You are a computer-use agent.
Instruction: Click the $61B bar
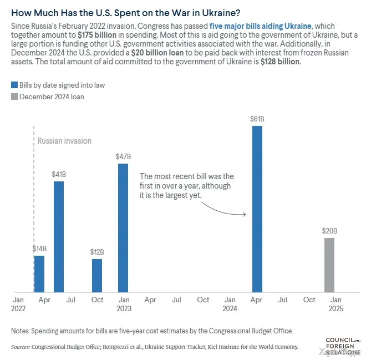click(257, 209)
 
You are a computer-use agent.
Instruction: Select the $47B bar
click(123, 227)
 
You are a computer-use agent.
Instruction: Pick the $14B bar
click(39, 273)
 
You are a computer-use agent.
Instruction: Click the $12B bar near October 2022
click(97, 275)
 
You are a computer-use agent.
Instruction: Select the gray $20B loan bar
click(329, 265)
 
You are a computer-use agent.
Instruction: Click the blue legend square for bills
click(14, 85)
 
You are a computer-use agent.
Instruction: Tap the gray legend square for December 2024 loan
click(14, 97)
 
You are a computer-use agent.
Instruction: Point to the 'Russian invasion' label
click(64, 141)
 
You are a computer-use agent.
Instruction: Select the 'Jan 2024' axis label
click(230, 304)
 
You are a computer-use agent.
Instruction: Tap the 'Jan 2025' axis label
click(336, 304)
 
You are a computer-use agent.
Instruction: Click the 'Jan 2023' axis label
click(124, 304)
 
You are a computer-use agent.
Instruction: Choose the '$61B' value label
click(257, 118)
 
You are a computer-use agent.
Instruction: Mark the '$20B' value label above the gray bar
click(329, 231)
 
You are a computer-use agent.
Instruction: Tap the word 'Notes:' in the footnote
click(22, 331)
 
